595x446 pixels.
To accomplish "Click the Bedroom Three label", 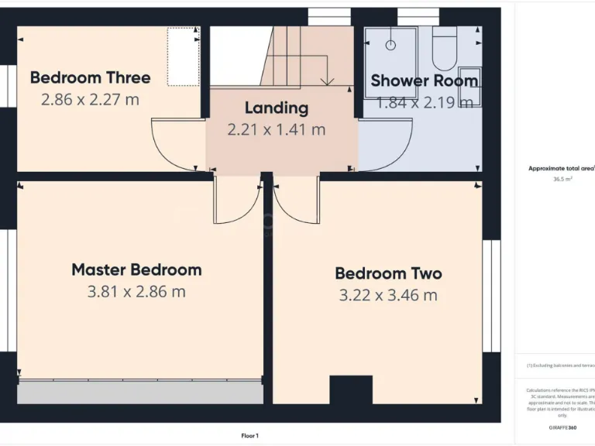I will coord(91,77).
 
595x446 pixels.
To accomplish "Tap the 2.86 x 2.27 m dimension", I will coord(91,99).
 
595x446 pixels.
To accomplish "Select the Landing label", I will coord(277,108).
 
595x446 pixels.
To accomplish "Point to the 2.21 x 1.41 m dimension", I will coord(277,129).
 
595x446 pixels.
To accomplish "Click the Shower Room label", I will coord(424,81).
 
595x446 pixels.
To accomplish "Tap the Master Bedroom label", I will coord(136,270).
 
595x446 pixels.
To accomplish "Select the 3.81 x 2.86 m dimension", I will coord(136,292).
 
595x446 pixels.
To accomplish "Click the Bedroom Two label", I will coord(388,273).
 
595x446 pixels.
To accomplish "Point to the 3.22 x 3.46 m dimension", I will coord(388,295).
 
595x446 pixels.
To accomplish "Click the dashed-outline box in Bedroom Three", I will coord(184,57).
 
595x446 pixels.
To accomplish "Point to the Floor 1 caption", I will coord(249,436).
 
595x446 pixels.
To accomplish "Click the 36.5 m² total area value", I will coord(562,179).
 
